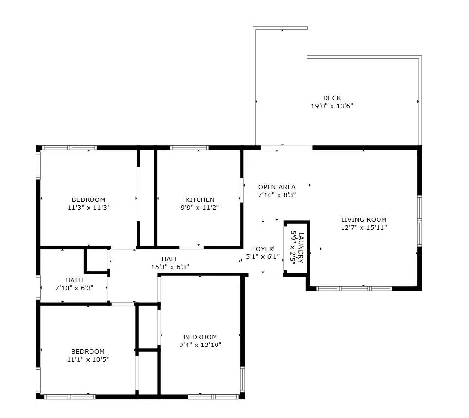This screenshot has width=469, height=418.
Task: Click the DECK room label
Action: coord(332,98)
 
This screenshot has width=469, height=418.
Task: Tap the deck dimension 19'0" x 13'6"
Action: coord(332,106)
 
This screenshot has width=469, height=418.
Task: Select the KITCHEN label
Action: coord(199,200)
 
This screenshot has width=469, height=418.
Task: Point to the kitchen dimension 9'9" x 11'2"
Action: coord(199,207)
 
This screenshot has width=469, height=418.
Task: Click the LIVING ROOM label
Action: coord(363,219)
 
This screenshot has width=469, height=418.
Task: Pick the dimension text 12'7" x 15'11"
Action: coord(363,227)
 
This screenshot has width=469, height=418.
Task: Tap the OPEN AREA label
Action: coord(277,187)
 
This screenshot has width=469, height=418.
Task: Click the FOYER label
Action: coord(263,249)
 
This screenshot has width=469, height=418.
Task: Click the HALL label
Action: coord(170,259)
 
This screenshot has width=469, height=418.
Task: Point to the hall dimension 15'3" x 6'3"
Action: coord(170,267)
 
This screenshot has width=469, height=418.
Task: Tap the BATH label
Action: coord(74,280)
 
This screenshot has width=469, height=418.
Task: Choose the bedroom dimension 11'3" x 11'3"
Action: coord(88,207)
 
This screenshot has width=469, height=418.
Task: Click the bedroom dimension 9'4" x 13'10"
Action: coord(200,345)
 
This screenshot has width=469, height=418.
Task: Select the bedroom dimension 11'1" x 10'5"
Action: coord(88,360)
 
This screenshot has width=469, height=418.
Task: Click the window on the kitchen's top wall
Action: coord(189,147)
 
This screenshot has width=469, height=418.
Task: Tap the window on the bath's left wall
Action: coord(38,287)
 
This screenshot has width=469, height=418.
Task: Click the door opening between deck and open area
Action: coord(287,147)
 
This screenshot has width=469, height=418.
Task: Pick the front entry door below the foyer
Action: coord(266,275)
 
